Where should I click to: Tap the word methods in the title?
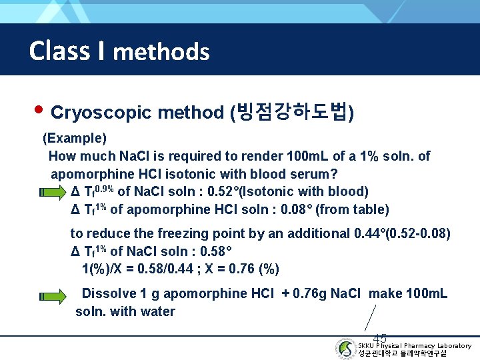(x=161, y=51)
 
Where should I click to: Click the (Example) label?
(x=75, y=139)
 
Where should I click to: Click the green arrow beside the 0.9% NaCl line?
(x=53, y=192)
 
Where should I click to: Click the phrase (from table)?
(x=352, y=209)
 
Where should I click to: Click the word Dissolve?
(x=108, y=293)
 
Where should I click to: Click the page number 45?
(x=380, y=338)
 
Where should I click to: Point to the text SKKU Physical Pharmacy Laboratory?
(x=414, y=345)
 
